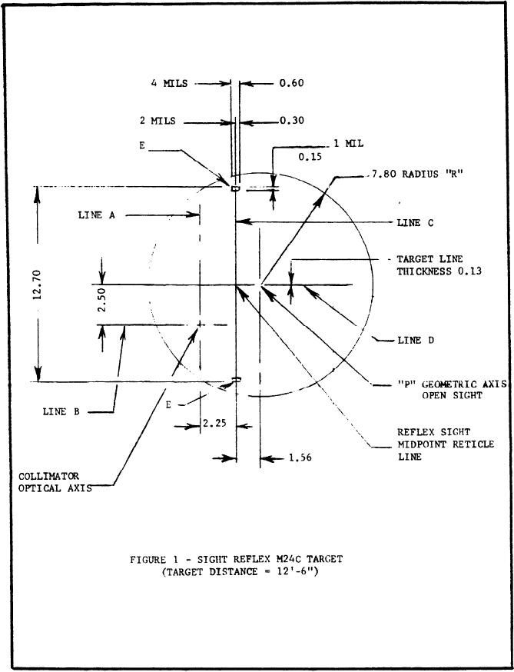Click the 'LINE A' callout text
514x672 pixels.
click(96, 216)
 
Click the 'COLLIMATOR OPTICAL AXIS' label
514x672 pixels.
click(55, 483)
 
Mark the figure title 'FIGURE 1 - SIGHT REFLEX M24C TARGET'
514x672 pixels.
click(235, 559)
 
